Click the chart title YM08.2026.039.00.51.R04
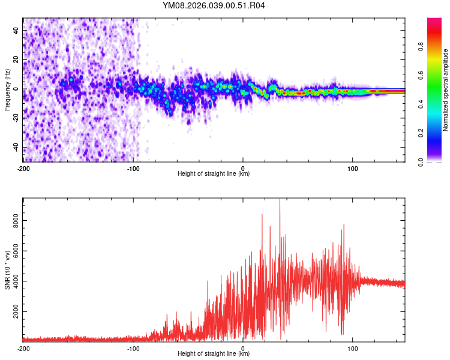coord(214,6)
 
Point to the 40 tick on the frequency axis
coord(16,30)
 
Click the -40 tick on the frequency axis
coord(15,148)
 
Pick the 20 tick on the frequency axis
coord(16,59)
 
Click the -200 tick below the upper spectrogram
coord(23,168)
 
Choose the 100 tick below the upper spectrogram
coord(352,168)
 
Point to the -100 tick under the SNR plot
coord(133,348)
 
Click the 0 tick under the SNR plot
coord(243,348)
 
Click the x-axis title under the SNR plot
coord(214,355)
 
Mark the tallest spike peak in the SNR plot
coord(280,200)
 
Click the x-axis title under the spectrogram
coord(214,174)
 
